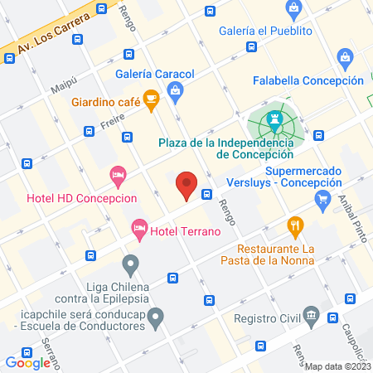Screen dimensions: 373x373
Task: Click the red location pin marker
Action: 188,186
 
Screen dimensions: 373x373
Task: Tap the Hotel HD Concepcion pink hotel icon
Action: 118,175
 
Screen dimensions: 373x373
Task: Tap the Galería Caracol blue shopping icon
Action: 174,94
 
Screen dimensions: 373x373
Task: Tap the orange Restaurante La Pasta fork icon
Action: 293,225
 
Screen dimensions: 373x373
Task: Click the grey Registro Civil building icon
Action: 311,315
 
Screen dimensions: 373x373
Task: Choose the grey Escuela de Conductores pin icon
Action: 155,315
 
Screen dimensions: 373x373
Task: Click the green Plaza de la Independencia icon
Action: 275,123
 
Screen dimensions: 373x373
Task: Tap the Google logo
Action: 27,362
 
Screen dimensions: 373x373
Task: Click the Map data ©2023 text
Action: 338,366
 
